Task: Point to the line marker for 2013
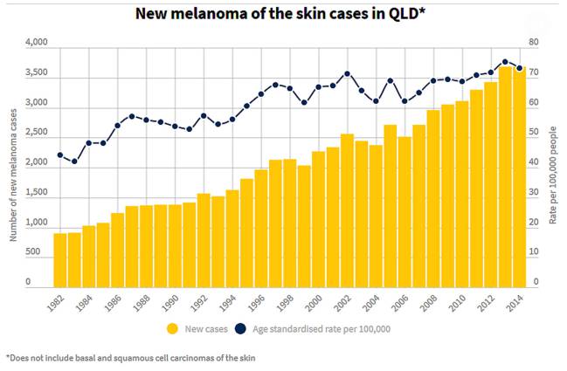coord(505,62)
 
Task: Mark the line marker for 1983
coord(74,161)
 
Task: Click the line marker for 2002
coord(347,73)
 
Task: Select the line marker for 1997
coord(275,85)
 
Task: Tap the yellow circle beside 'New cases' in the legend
coord(174,329)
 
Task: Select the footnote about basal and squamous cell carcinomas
coord(131,357)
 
